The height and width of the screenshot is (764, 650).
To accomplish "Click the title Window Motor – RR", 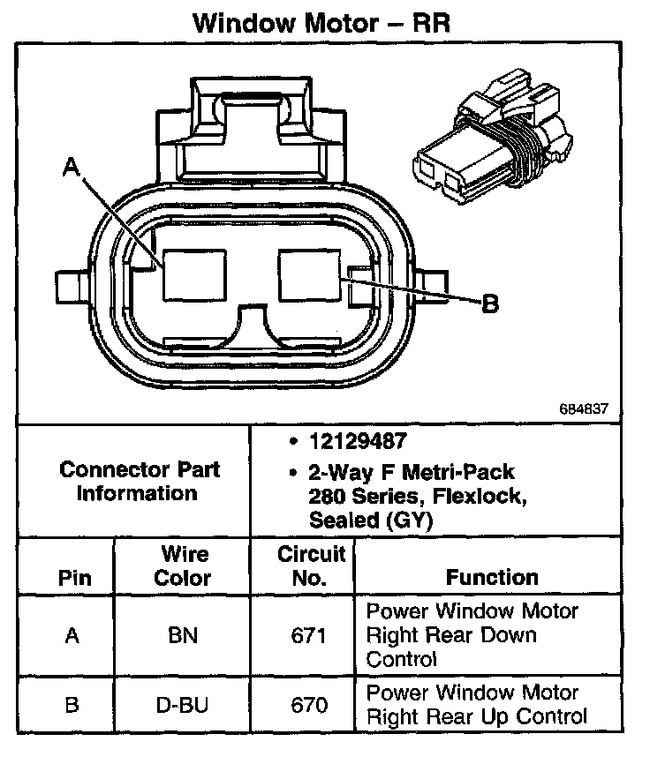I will point(322,23).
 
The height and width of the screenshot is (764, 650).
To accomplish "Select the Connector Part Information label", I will point(140,481).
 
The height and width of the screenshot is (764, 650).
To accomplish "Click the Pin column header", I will point(74,579).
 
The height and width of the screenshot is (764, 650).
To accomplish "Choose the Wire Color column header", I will point(183,566).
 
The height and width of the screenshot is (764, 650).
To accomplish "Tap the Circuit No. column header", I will point(310,566).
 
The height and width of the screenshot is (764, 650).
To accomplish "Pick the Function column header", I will point(492,578).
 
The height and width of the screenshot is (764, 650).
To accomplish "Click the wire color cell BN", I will point(183,635).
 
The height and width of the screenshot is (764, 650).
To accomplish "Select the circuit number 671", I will point(310,635).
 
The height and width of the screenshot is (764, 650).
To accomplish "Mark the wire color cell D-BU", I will point(183,705).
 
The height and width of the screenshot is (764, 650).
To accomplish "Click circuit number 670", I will point(310,705).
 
